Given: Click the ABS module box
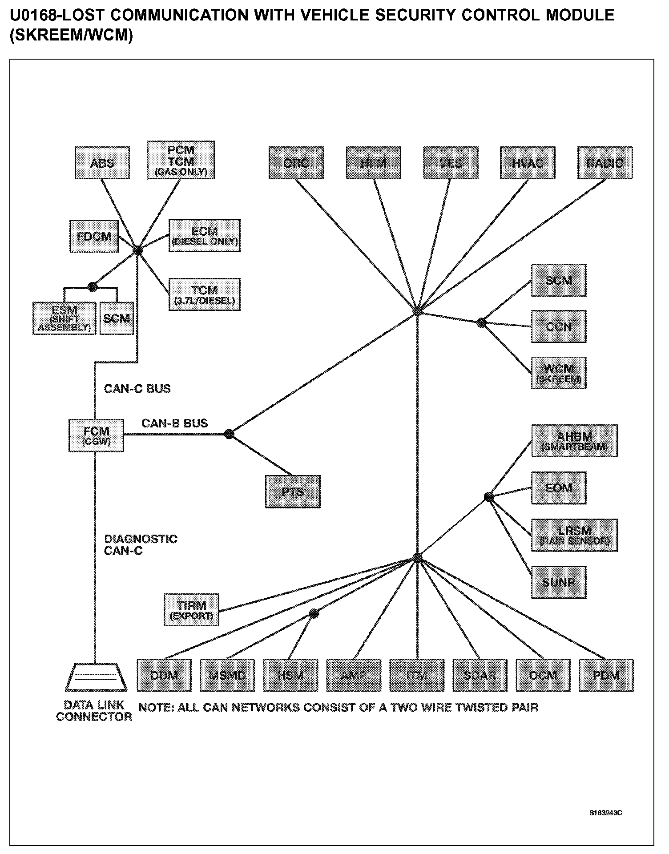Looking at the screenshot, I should [102, 163].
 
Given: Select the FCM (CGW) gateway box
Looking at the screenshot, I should [96, 435].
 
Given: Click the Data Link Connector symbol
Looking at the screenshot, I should [95, 677].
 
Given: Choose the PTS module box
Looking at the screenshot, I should [293, 491].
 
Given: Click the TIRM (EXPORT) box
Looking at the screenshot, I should [191, 609].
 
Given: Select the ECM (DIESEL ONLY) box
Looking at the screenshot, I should [205, 236].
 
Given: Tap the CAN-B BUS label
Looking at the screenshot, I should [175, 423].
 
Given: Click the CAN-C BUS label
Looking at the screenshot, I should [137, 389].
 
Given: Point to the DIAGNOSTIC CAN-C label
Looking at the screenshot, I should [140, 545].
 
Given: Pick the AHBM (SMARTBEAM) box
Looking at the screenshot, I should [574, 440].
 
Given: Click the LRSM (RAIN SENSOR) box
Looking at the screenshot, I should [574, 535].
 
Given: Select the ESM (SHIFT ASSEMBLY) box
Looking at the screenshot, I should [64, 318].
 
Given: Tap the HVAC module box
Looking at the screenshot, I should [528, 163].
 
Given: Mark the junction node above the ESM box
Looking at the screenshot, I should [93, 287].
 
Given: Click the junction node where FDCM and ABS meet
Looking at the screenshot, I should [137, 250].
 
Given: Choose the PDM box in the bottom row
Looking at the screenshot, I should [606, 675].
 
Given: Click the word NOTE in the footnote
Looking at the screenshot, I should [155, 707].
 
